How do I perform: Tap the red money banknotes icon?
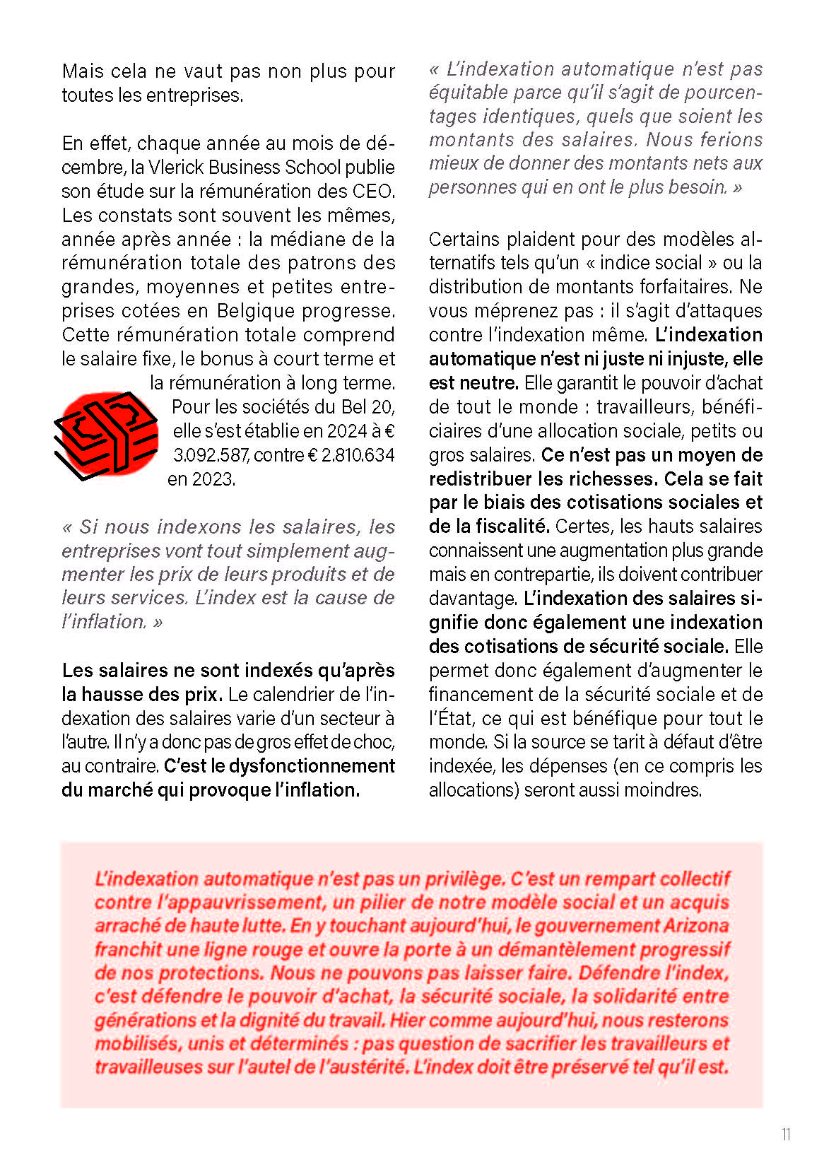point(107,434)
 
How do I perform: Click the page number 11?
point(786,1134)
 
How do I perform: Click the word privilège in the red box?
point(464,879)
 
